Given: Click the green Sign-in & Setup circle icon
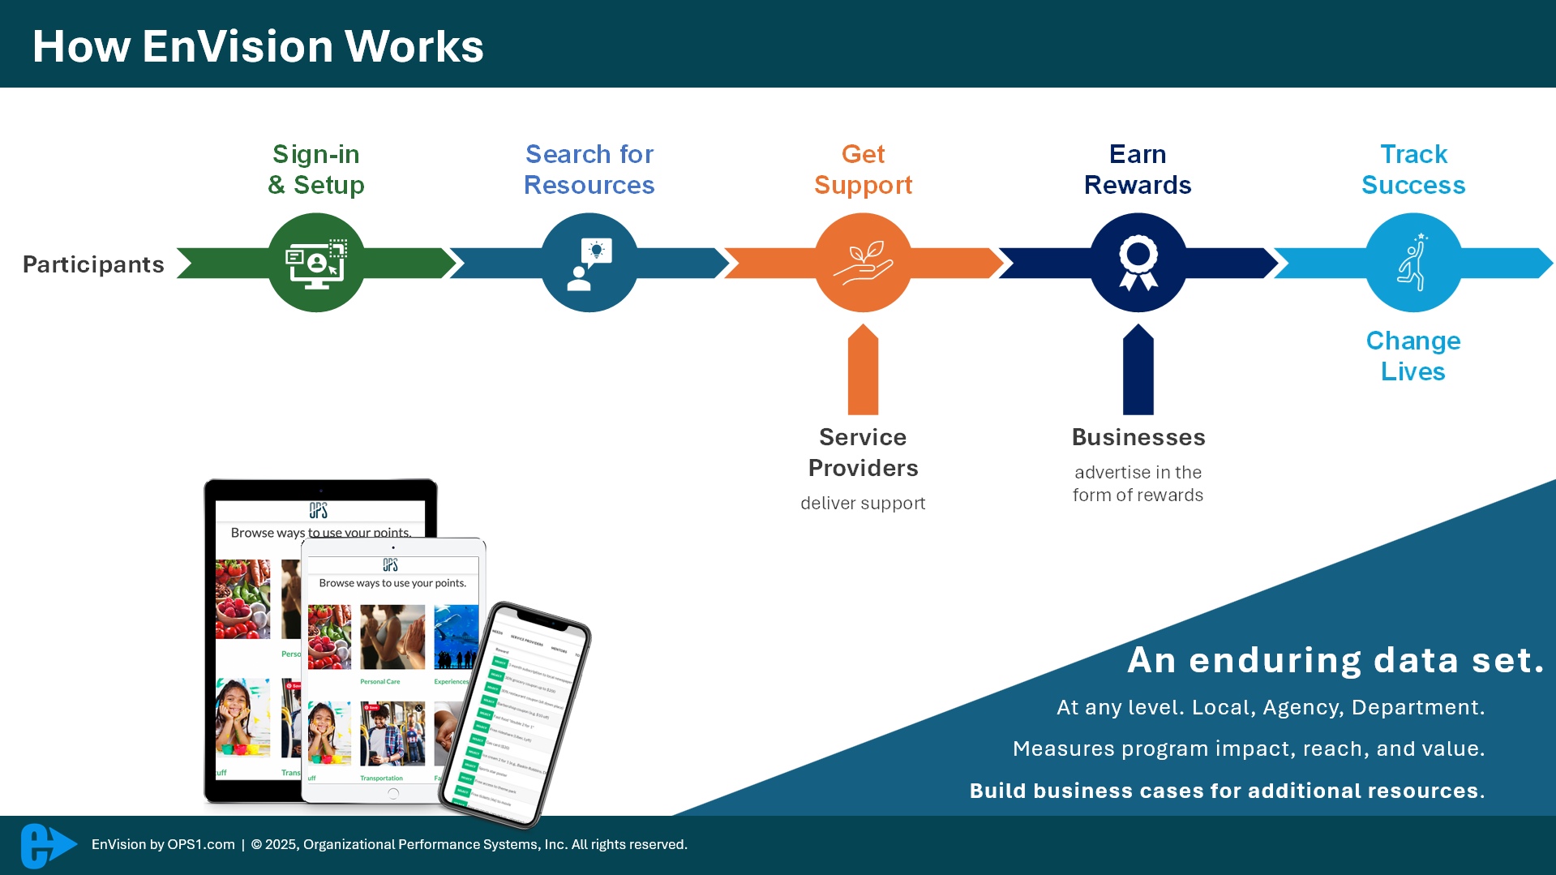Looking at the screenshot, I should tap(316, 263).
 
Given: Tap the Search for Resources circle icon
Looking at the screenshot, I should tap(589, 263).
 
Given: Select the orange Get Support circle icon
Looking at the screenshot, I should tap(864, 263).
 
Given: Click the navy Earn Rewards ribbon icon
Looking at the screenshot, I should tap(1138, 263).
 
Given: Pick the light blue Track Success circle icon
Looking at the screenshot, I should tap(1413, 263).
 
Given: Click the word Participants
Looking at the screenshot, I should tap(93, 264).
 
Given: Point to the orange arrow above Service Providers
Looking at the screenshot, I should tap(864, 370).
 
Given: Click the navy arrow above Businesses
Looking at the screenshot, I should tap(1138, 370).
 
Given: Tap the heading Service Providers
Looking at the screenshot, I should tap(864, 453).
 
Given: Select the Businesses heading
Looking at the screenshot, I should tap(1138, 437).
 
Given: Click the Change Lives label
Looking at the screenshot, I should tap(1413, 356).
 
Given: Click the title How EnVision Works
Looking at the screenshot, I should tap(258, 46).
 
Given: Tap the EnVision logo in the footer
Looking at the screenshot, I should tap(47, 845).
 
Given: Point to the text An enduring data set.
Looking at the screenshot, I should tap(1335, 660).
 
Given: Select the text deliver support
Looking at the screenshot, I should tap(863, 504).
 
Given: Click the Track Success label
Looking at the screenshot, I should tap(1413, 169).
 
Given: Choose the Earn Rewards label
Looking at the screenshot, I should tap(1138, 169).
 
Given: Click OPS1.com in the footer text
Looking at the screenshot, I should tap(201, 844).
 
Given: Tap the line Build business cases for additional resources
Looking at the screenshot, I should tap(1227, 791).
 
